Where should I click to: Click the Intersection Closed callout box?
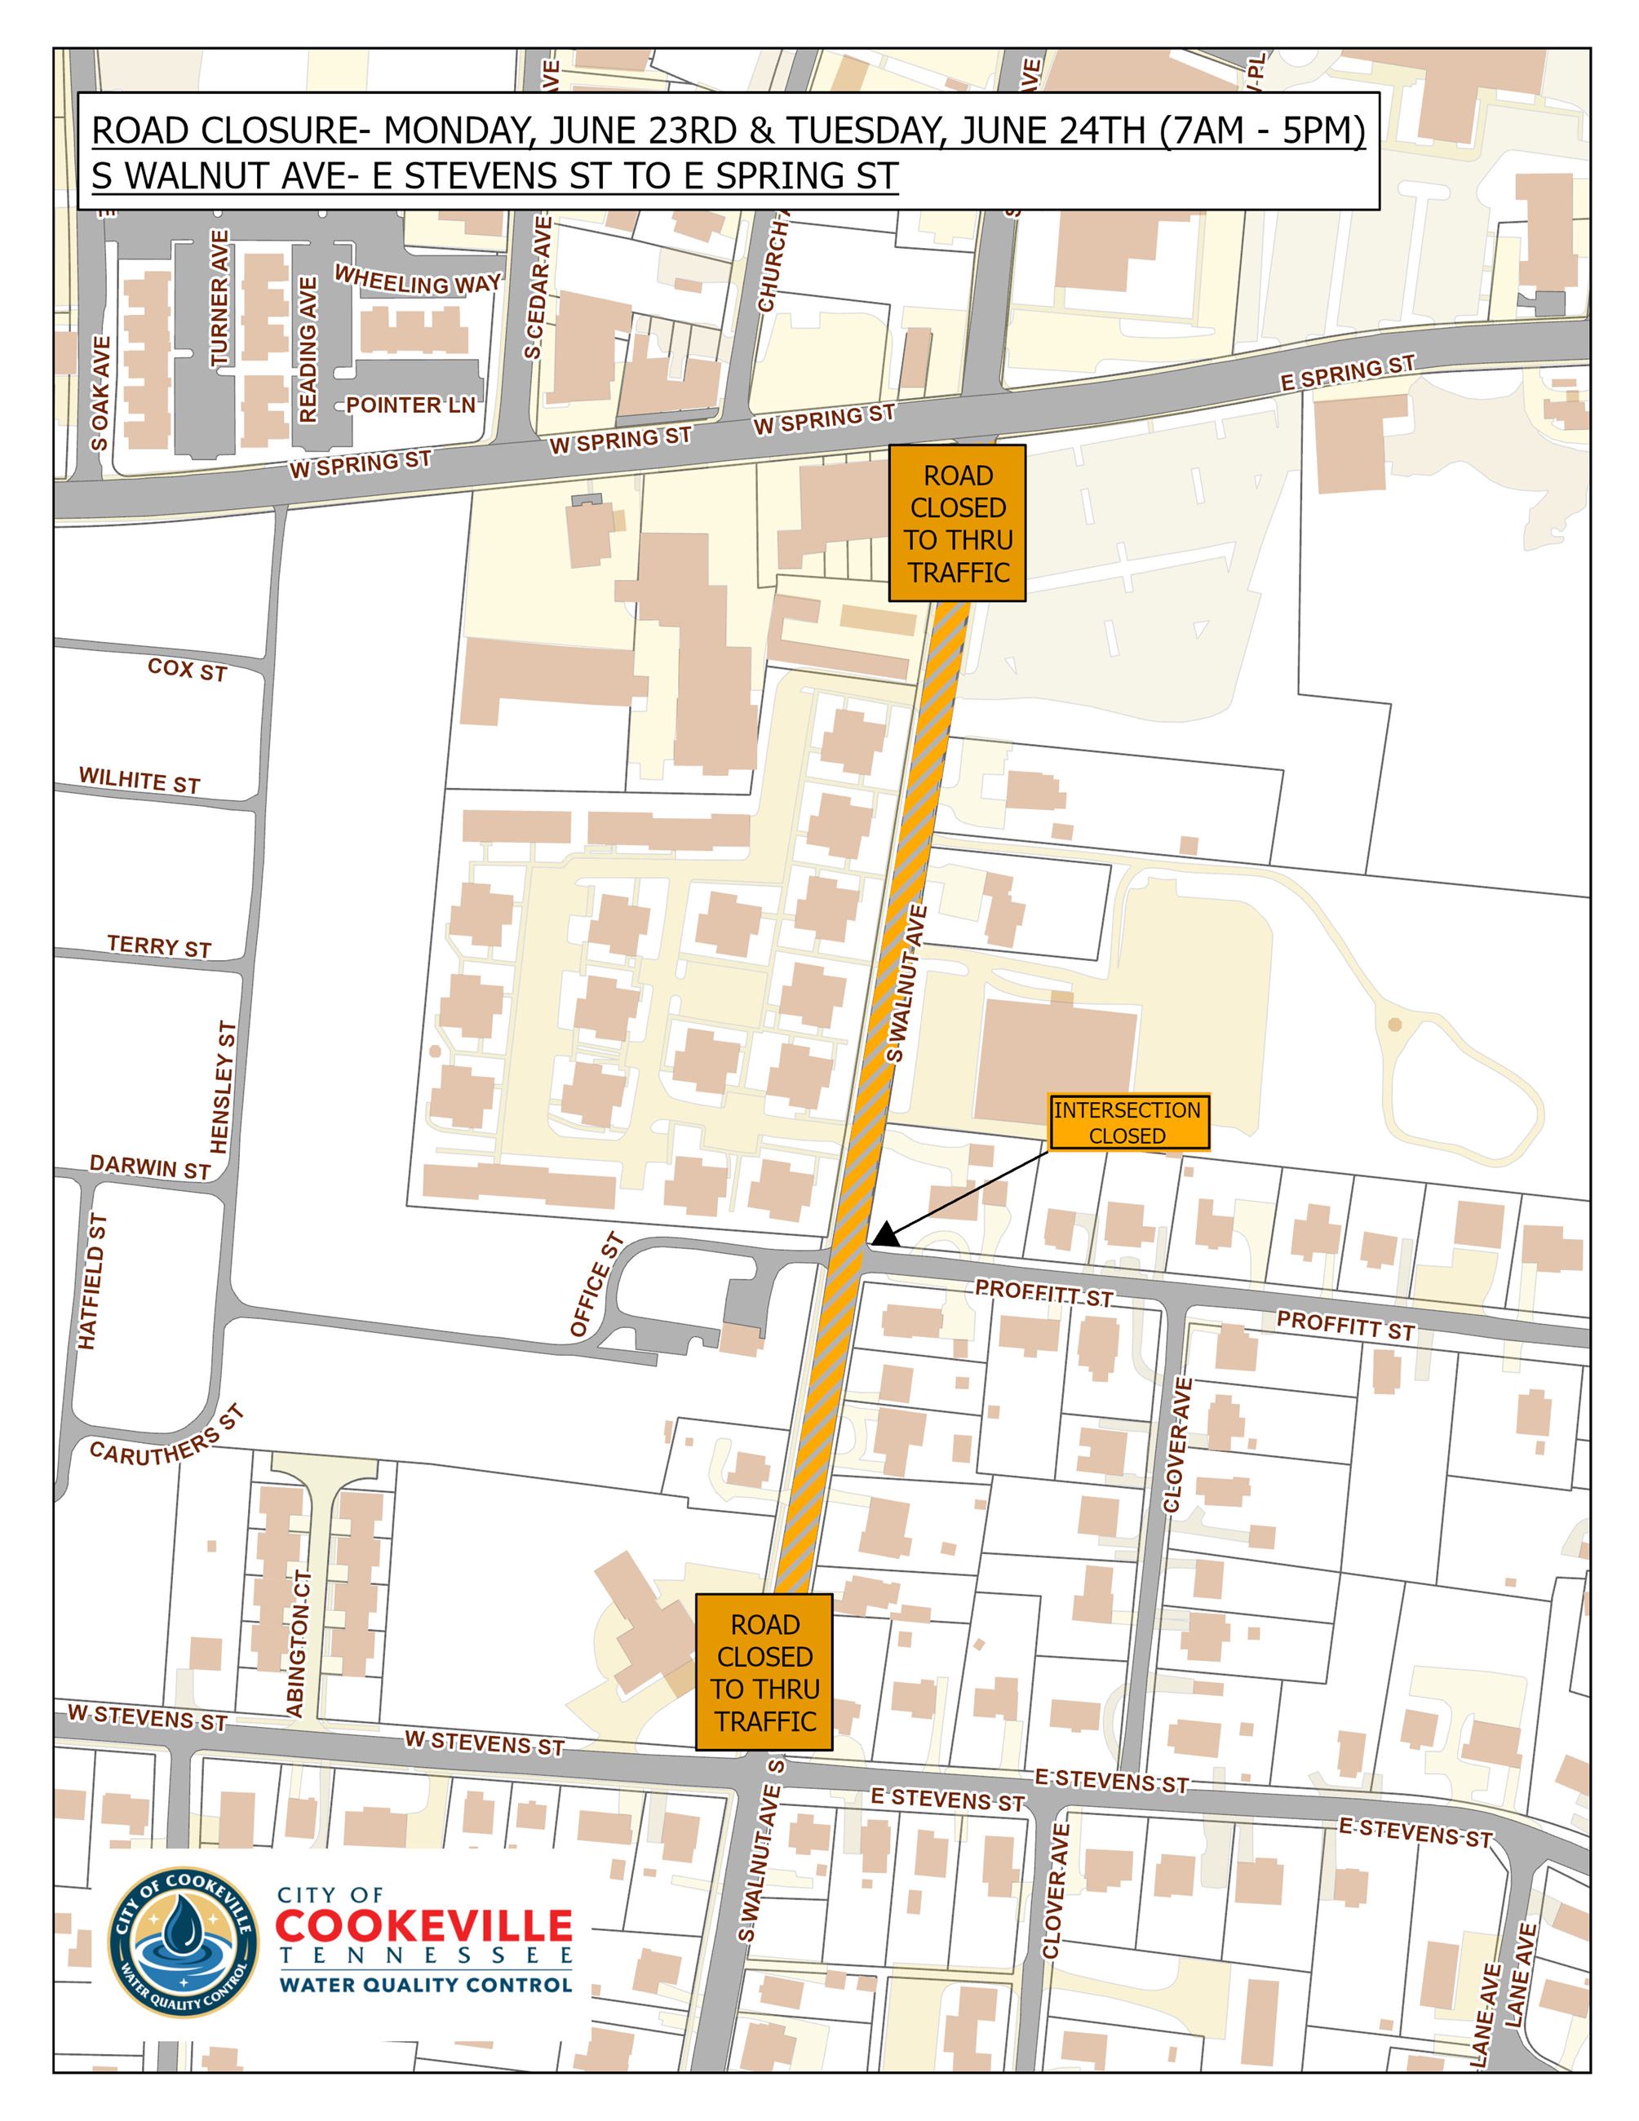point(1128,1122)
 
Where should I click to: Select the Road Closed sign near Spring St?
point(958,524)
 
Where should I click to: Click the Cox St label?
point(187,669)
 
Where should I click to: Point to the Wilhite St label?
point(139,780)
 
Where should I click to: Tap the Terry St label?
point(158,946)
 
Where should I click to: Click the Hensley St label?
point(224,1087)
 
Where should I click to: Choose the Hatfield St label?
point(92,1281)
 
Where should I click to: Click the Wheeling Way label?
point(418,280)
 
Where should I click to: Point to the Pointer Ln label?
point(410,405)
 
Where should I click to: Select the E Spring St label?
point(1347,374)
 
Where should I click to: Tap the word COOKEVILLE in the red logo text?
point(424,1926)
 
